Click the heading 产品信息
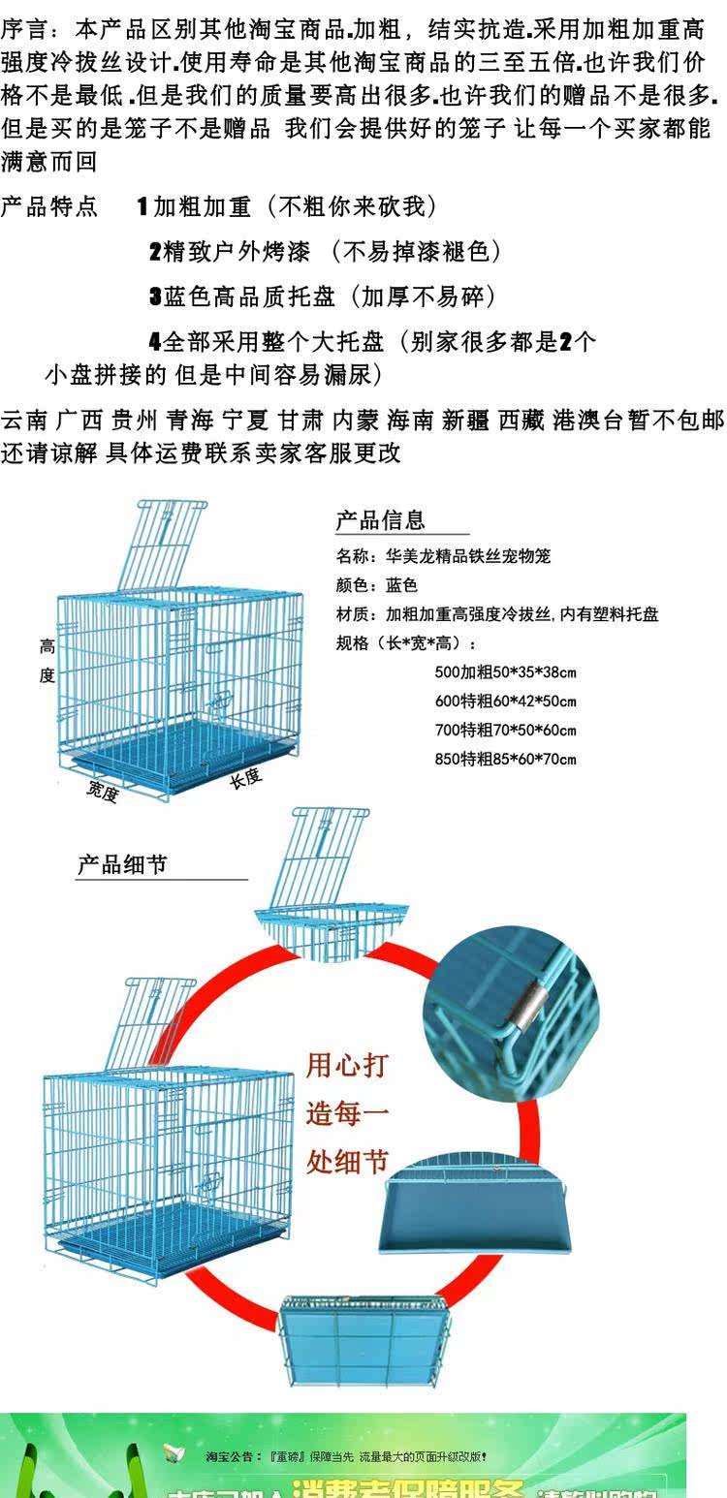tap(381, 519)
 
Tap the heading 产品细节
tap(122, 864)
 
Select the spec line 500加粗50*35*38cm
tap(505, 672)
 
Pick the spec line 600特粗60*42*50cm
tap(505, 702)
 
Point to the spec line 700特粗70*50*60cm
tap(505, 730)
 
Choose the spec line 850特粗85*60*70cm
tap(505, 759)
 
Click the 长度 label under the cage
tap(245, 777)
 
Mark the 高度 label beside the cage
tap(47, 661)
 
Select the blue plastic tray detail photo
tap(478, 1206)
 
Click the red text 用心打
tap(347, 1066)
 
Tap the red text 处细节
tap(347, 1161)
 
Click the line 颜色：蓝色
tap(377, 585)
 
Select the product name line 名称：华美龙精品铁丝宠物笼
tap(443, 556)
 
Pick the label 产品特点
tap(49, 206)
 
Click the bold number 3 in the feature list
tap(155, 296)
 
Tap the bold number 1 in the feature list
tap(142, 206)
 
